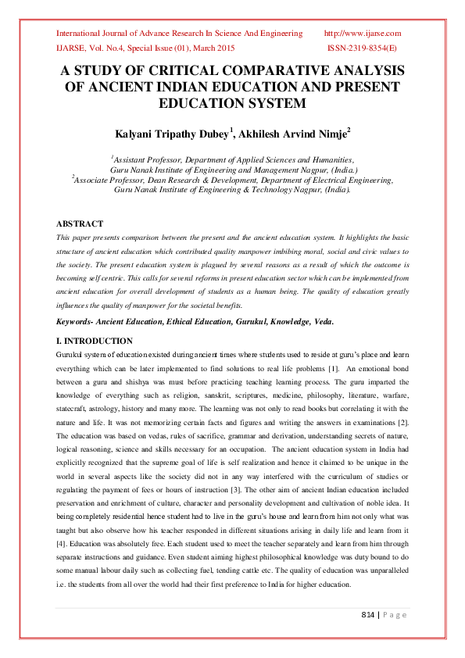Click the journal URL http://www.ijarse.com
click(362, 34)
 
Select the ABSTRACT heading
click(80, 224)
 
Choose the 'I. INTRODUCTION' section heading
click(95, 342)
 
